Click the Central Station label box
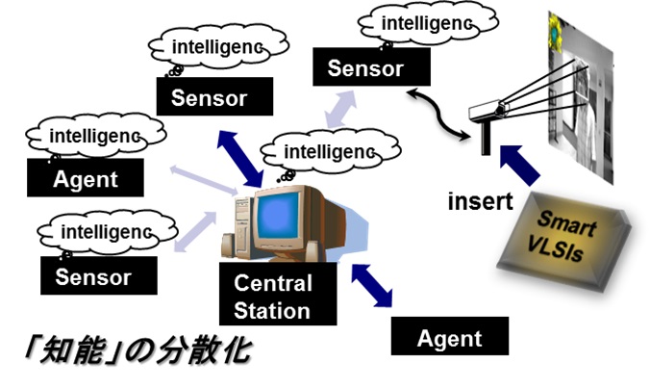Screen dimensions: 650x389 (278, 294)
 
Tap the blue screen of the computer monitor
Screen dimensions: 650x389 (277, 215)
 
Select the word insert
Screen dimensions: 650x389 (480, 201)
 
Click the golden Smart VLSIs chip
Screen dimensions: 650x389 (564, 242)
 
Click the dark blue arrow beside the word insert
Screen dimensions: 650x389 (519, 165)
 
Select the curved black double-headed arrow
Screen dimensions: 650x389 (438, 114)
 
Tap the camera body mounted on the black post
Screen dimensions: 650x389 (488, 110)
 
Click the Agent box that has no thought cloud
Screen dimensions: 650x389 (450, 336)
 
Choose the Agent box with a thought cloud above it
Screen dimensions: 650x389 (86, 178)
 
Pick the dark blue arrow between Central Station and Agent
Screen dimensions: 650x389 (372, 286)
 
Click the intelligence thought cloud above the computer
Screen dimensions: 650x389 (331, 151)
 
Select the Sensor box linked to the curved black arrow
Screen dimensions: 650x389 (371, 66)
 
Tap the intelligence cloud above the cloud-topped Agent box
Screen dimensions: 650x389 (96, 136)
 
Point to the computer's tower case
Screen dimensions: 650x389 (244, 226)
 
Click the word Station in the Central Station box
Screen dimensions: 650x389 (272, 311)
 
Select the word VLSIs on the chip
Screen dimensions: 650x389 (555, 249)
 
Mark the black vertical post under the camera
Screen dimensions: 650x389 (486, 137)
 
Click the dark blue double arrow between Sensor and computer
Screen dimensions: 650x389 (240, 159)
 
